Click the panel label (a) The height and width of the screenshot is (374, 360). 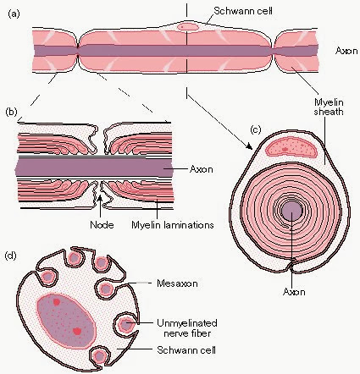tap(14, 14)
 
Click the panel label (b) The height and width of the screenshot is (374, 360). tap(12, 112)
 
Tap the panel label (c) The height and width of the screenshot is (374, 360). tap(256, 129)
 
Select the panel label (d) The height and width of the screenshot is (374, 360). tap(11, 256)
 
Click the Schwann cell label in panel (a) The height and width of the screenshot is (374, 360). tap(243, 11)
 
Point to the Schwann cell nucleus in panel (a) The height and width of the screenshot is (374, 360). tap(188, 26)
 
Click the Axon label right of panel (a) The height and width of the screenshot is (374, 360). tap(346, 51)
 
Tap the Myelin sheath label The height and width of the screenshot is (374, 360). tap(329, 107)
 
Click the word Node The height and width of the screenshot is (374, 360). tap(102, 225)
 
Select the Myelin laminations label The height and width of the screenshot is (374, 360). tap(173, 225)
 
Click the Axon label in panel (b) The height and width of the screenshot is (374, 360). tap(201, 169)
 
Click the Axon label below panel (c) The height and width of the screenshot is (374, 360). tap(294, 291)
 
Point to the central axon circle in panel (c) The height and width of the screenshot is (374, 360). tap(292, 211)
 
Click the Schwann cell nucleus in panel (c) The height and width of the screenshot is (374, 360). tap(291, 148)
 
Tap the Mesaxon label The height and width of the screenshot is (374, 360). tap(177, 283)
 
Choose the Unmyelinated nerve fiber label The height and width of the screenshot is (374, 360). tap(187, 328)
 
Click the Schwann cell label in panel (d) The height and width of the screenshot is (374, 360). tap(186, 350)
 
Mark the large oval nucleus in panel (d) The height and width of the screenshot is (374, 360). tap(66, 321)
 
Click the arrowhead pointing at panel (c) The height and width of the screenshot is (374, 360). tap(249, 146)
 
